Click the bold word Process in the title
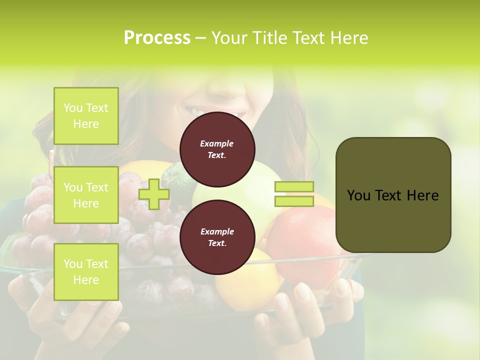(157, 38)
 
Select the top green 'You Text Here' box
(86, 116)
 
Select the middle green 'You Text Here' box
(86, 195)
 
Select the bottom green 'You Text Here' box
(86, 272)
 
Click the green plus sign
(154, 194)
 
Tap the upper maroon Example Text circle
(217, 149)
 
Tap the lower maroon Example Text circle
(217, 237)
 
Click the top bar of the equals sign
(294, 187)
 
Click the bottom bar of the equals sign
(294, 201)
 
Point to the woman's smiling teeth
(196, 109)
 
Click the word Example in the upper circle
(217, 143)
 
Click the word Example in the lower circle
(217, 231)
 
